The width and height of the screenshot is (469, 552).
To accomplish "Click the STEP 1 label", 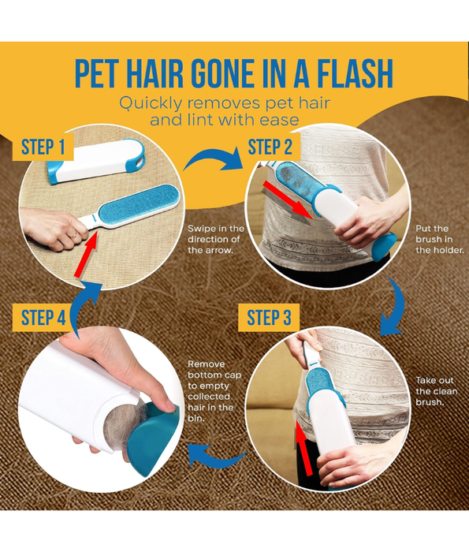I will (x=43, y=147).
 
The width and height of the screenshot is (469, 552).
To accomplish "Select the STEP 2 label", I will (x=270, y=147).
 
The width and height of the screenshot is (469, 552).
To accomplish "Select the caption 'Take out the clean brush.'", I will (x=435, y=390).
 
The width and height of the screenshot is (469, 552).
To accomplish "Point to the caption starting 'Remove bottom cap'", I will (x=211, y=391).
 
